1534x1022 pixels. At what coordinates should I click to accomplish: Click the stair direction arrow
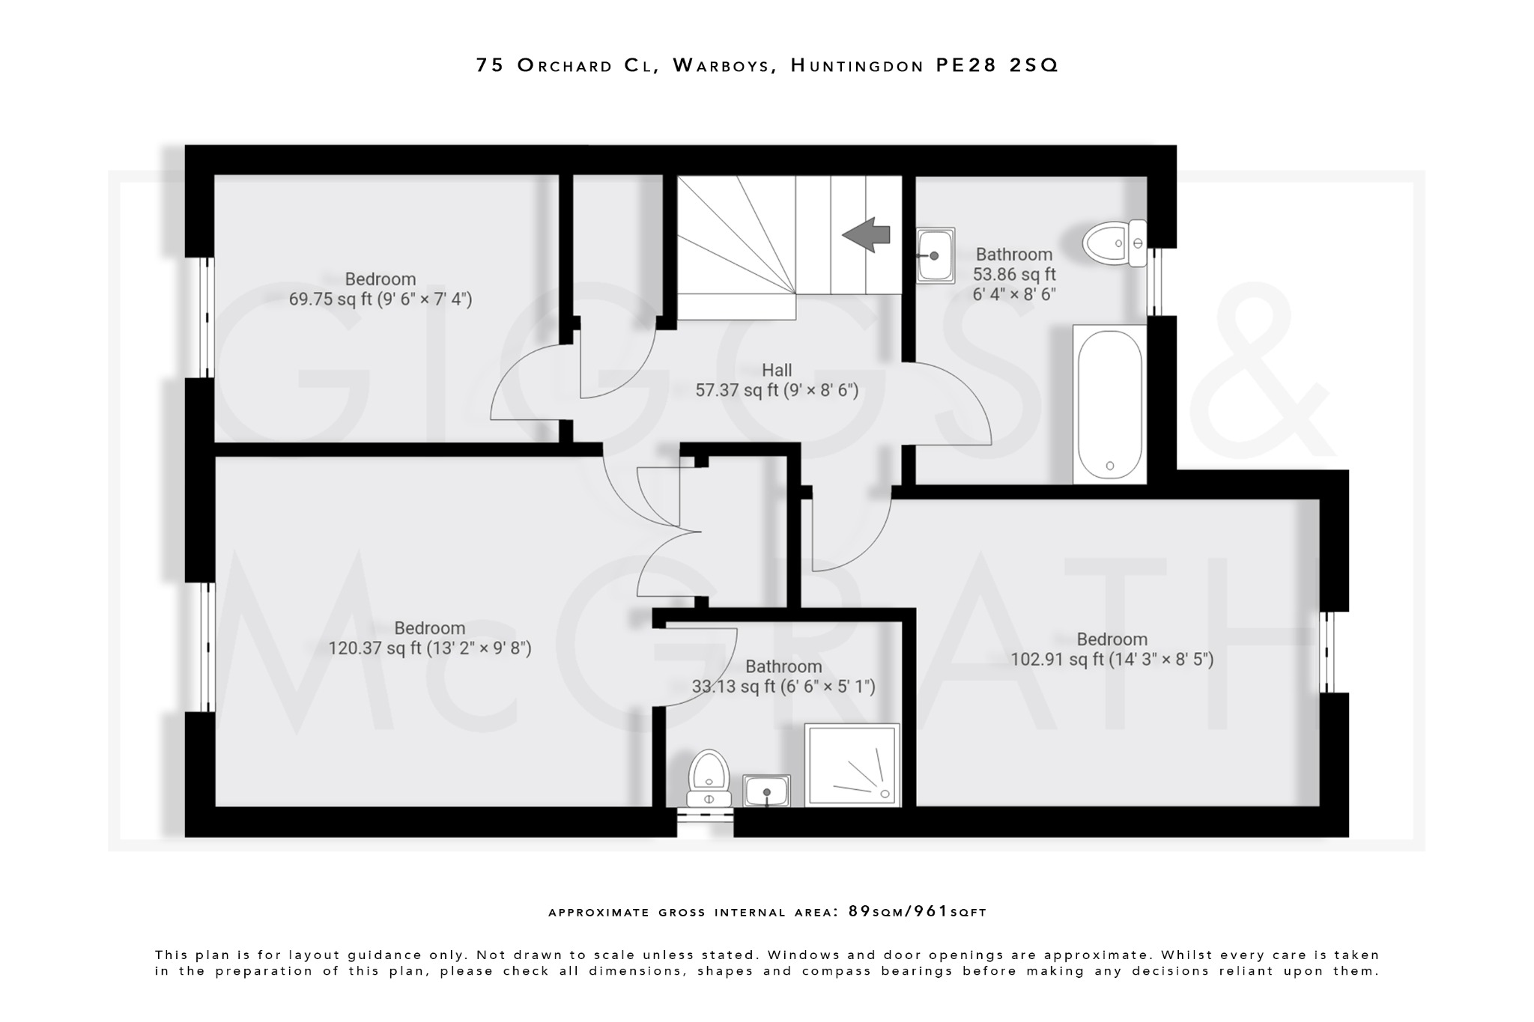(x=867, y=234)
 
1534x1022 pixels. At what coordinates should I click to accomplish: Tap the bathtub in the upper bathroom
(x=1109, y=404)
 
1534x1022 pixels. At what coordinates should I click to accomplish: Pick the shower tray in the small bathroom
(x=852, y=765)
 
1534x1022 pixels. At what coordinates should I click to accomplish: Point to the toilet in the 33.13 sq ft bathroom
(x=709, y=779)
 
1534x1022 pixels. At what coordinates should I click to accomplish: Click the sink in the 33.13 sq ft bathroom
(x=766, y=791)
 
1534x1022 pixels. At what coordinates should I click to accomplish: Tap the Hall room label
(x=777, y=370)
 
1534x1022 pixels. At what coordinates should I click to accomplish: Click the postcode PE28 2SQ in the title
(x=997, y=66)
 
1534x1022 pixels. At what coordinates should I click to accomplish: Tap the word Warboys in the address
(x=721, y=66)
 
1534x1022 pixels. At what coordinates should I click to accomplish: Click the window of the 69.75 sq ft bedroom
(x=207, y=317)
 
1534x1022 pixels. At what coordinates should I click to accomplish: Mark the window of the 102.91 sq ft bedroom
(x=1327, y=652)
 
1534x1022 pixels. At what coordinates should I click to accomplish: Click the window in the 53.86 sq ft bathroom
(x=1154, y=282)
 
